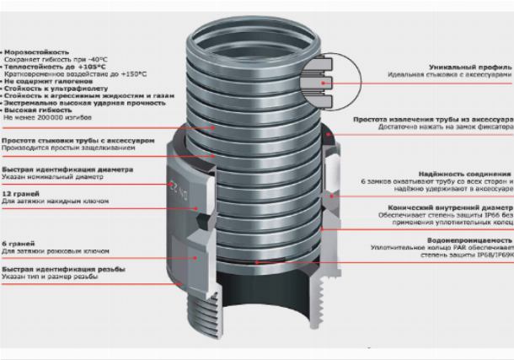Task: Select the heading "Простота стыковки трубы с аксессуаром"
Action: coord(67,140)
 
